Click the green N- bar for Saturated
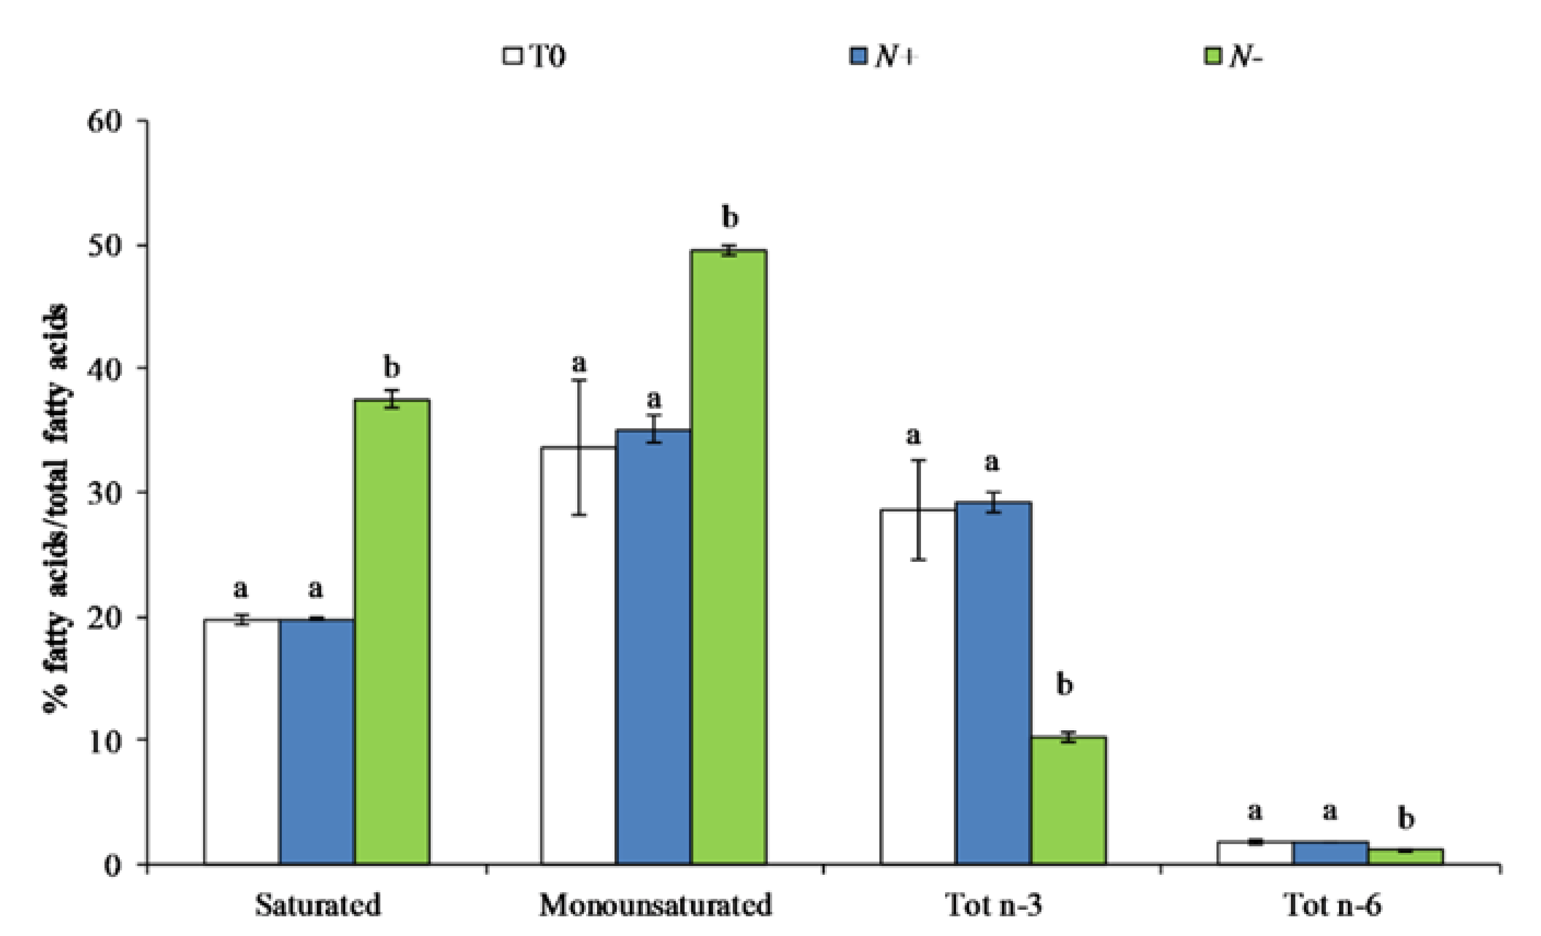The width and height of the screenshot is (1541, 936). [392, 631]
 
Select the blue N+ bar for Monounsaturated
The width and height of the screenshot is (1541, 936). [653, 647]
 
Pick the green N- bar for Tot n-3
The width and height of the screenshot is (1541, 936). [1068, 801]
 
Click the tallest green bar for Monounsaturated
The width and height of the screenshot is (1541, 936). [728, 556]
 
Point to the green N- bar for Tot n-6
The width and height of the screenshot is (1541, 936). [1406, 857]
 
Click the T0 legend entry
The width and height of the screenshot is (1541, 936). [535, 56]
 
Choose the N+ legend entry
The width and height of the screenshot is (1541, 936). [884, 56]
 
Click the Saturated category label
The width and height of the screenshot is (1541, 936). [318, 905]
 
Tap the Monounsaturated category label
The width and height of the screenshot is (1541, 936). [656, 905]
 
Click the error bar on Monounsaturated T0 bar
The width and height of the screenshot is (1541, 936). [579, 447]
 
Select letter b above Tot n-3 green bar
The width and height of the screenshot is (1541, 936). [1064, 685]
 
